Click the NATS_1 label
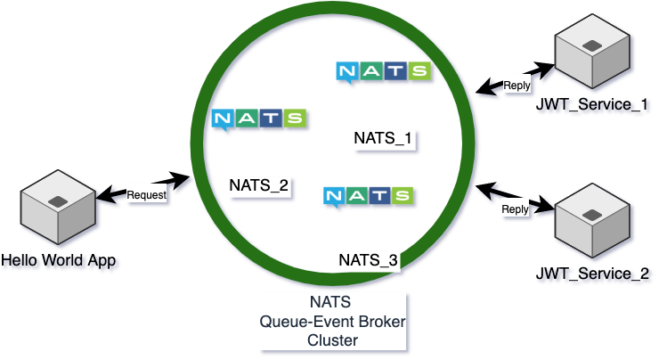(384, 138)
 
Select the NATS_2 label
(259, 185)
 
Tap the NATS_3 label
(369, 260)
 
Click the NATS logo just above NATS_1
(384, 72)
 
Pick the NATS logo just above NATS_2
(259, 119)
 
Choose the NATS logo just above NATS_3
(369, 196)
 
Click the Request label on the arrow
(147, 194)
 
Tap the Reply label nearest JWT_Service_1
(517, 86)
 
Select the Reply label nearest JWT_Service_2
(515, 209)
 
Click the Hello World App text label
(60, 261)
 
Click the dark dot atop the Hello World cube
(58, 198)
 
